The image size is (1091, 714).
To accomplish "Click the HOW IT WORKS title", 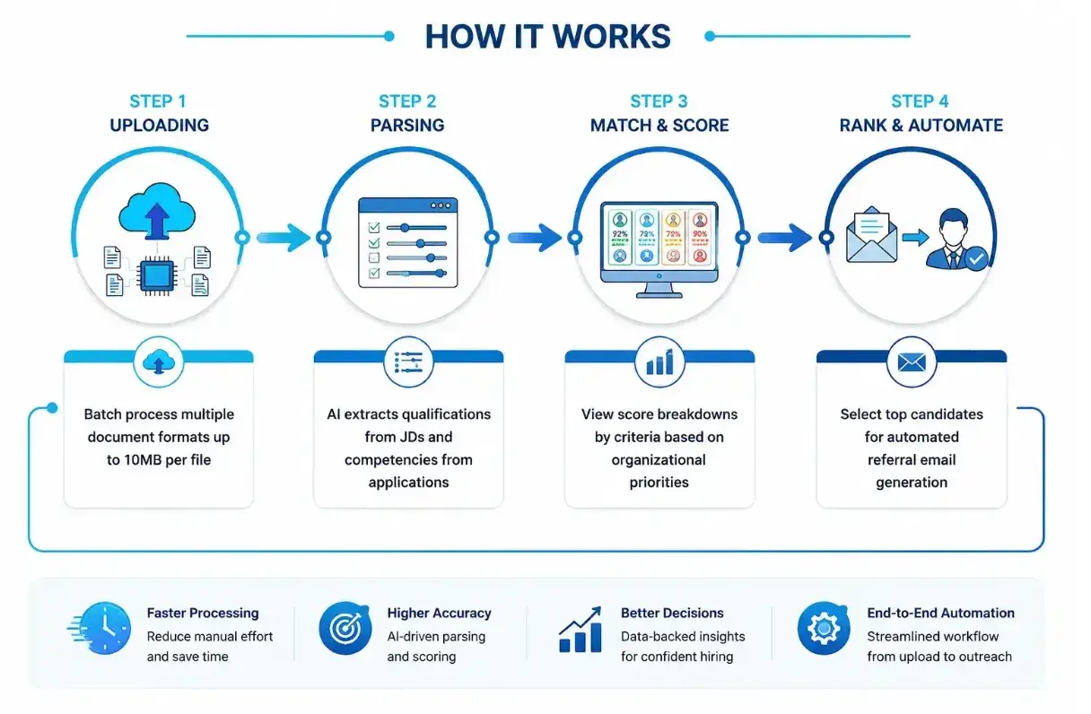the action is [548, 37].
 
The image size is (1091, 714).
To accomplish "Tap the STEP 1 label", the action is [158, 101].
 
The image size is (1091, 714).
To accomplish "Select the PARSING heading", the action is [407, 126].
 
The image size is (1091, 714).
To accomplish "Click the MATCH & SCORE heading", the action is [659, 126].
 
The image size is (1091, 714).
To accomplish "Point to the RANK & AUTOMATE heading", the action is [921, 126].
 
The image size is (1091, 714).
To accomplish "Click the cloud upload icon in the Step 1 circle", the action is [157, 211].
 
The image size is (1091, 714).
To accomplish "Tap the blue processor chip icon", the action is [157, 276].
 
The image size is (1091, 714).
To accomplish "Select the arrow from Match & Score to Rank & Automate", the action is [785, 238].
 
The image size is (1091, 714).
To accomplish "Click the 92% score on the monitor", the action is [620, 234].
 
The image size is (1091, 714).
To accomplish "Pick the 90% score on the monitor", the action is [700, 234].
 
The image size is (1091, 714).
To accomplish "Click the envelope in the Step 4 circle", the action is [872, 235].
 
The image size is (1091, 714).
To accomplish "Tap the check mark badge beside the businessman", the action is [976, 258].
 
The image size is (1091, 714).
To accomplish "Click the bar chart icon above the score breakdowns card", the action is [659, 361].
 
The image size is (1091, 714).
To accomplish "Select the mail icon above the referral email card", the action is [912, 361].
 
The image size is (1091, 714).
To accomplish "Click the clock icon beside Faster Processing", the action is [100, 628].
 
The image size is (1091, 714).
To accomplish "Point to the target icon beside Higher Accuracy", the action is [345, 628].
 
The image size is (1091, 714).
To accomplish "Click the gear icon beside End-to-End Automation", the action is [825, 628].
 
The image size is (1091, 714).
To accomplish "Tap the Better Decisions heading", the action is [672, 613].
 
